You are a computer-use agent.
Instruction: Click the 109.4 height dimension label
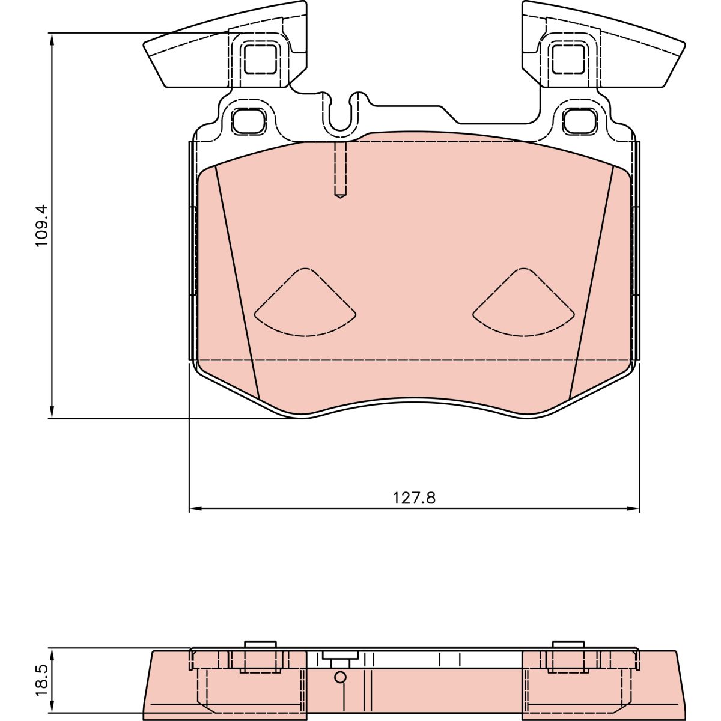(x=42, y=225)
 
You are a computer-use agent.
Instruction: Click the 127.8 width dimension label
(x=414, y=498)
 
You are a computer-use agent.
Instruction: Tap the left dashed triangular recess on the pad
(x=305, y=302)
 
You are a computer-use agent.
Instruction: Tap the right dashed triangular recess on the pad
(x=523, y=302)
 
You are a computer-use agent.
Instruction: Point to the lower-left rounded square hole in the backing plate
(x=248, y=121)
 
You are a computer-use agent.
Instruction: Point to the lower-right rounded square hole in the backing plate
(x=580, y=121)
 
